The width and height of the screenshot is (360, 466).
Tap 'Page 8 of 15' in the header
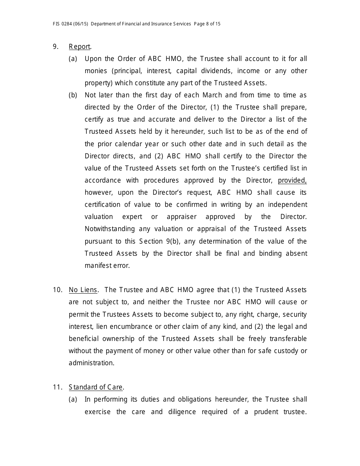click(x=207, y=24)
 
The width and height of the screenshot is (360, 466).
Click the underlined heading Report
click(x=80, y=47)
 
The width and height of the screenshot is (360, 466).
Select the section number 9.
click(x=56, y=47)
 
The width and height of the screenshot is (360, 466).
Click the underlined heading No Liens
click(x=83, y=290)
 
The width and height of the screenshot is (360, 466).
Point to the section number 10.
click(x=57, y=290)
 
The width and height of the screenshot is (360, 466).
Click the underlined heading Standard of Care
click(x=96, y=387)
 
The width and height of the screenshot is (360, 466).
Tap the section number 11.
click(x=57, y=387)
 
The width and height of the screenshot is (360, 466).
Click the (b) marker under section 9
click(x=73, y=95)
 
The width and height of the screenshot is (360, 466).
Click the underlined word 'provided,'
click(x=292, y=180)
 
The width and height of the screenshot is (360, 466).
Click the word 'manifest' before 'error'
click(x=95, y=266)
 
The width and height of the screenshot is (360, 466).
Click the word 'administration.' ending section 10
click(x=91, y=363)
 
